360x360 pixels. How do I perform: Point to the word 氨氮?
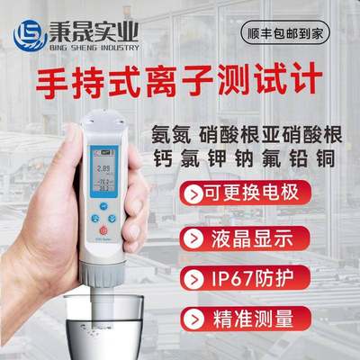pos(167,130)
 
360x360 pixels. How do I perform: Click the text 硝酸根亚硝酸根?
pos(276,130)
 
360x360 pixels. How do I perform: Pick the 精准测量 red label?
pos(241,317)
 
